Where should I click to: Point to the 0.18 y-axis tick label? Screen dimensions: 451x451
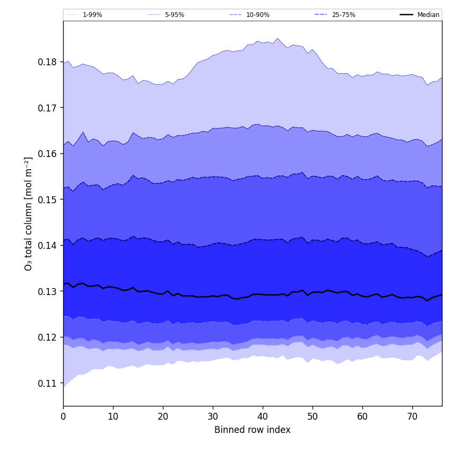48,62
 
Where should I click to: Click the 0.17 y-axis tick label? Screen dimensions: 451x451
48,108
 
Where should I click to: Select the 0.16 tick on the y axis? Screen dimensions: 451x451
48,154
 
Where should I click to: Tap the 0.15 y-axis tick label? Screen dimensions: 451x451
48,200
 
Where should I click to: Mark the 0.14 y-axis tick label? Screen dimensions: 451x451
48,246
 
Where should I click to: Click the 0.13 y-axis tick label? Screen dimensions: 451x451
48,291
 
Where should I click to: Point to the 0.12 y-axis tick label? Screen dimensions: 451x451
48,337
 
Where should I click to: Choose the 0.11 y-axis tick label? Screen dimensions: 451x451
48,383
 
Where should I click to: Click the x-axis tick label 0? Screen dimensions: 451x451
63,417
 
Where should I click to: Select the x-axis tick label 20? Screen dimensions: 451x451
163,417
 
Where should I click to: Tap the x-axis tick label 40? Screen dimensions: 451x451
263,417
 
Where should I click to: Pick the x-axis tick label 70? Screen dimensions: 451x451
412,417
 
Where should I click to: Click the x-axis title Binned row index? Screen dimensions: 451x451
253,430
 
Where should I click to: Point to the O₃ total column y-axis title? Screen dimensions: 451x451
29,213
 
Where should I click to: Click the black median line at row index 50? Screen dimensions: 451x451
313,292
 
